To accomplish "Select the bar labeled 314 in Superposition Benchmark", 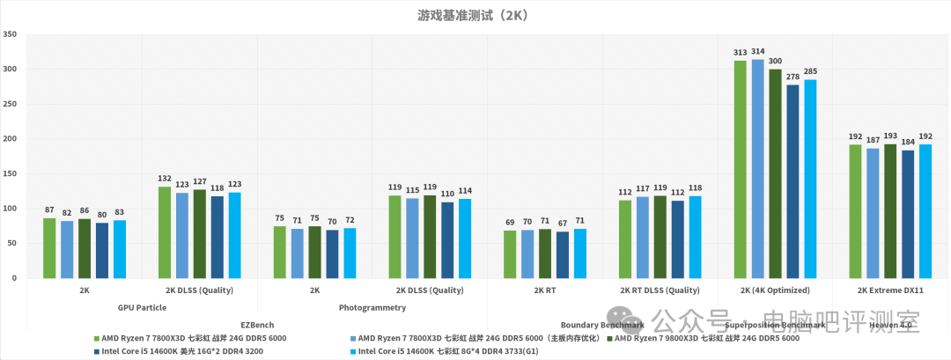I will pos(757,168).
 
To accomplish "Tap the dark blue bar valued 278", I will pos(792,181).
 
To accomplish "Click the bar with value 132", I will pos(165,232).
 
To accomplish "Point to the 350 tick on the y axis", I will pos(11,34).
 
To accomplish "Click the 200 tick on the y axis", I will pos(11,139).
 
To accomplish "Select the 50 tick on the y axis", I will pos(12,243).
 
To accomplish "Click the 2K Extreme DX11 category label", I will pos(889,290).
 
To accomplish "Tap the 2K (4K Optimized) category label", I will pos(775,290).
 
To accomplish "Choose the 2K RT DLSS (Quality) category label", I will pos(660,290).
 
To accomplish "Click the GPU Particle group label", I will pos(141,308).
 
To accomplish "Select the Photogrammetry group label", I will pos(372,308).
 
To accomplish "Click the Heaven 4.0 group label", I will pos(889,325).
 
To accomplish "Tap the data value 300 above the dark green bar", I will pos(775,62).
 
